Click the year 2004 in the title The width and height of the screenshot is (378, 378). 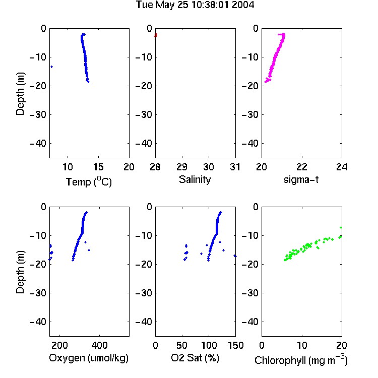click(x=243, y=5)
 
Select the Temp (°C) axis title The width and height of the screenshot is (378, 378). click(x=89, y=182)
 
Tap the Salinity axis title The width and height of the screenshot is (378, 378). click(x=195, y=179)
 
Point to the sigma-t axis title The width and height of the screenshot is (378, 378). click(x=301, y=179)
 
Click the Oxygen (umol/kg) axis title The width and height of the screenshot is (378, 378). click(x=89, y=358)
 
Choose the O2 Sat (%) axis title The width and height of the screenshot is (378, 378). click(x=195, y=358)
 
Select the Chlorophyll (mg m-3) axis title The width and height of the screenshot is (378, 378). click(x=301, y=360)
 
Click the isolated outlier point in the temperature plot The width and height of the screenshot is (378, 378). click(x=51, y=67)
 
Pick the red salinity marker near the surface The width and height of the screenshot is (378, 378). click(x=156, y=35)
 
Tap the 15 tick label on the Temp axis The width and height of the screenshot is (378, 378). click(x=98, y=167)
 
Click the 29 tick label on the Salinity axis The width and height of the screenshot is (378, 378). click(x=182, y=167)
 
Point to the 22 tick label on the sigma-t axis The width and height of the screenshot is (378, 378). click(x=302, y=167)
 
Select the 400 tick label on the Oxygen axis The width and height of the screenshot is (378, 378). click(x=99, y=345)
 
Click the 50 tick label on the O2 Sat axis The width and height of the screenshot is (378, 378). click(x=182, y=345)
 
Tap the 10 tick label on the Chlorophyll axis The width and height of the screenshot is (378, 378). click(x=302, y=345)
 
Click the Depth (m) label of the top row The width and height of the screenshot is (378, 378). click(x=20, y=94)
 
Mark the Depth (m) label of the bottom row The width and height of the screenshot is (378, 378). click(x=20, y=272)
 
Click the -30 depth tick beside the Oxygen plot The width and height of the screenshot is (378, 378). click(x=38, y=293)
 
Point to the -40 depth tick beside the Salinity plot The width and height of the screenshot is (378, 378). click(x=144, y=144)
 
